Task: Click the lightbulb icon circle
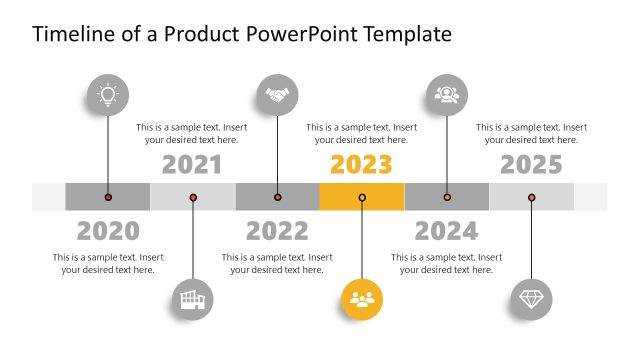(107, 96)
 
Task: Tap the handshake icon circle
(277, 96)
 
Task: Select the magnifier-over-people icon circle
(446, 96)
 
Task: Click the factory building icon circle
(192, 298)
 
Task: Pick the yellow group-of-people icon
(362, 298)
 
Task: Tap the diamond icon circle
(531, 298)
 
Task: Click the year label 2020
(108, 231)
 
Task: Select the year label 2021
(192, 164)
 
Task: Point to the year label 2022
(277, 231)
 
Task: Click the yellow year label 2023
(362, 164)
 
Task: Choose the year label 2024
(447, 231)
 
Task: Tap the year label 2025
(531, 164)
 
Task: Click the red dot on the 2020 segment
(108, 197)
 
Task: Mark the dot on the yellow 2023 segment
(362, 197)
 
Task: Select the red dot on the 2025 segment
(531, 197)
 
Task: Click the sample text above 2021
(192, 133)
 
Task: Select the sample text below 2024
(447, 263)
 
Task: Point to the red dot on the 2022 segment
(277, 197)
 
